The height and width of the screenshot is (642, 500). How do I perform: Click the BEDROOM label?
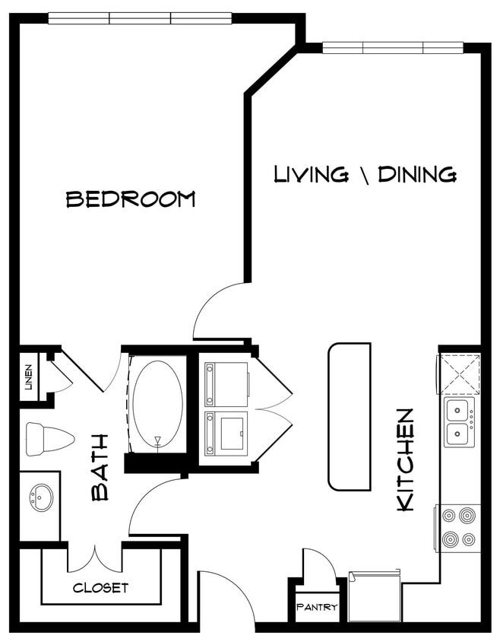click(131, 199)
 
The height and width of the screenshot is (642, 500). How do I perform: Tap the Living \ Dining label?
click(365, 174)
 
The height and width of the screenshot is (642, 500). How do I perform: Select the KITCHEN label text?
click(406, 459)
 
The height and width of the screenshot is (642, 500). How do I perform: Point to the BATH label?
click(100, 467)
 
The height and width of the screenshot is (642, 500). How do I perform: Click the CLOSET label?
click(100, 588)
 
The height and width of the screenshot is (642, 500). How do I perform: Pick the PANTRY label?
click(317, 608)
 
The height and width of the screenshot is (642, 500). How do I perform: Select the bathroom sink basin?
click(39, 499)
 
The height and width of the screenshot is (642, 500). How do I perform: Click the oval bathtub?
click(157, 402)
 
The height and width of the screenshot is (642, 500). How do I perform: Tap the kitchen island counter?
click(350, 416)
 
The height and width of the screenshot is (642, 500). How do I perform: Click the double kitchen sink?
click(459, 423)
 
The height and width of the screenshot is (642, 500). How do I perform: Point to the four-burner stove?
click(459, 528)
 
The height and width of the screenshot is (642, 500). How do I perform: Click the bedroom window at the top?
click(140, 17)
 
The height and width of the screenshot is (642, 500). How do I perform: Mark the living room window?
click(393, 47)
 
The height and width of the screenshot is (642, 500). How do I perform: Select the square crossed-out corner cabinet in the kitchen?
click(458, 373)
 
